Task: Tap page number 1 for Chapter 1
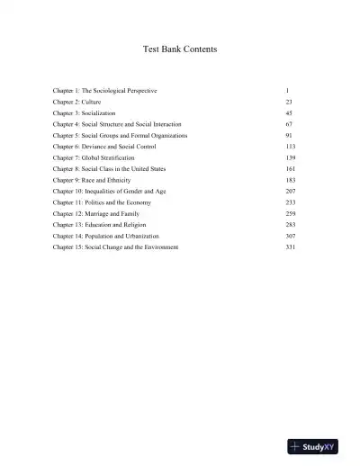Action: click(286, 92)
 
